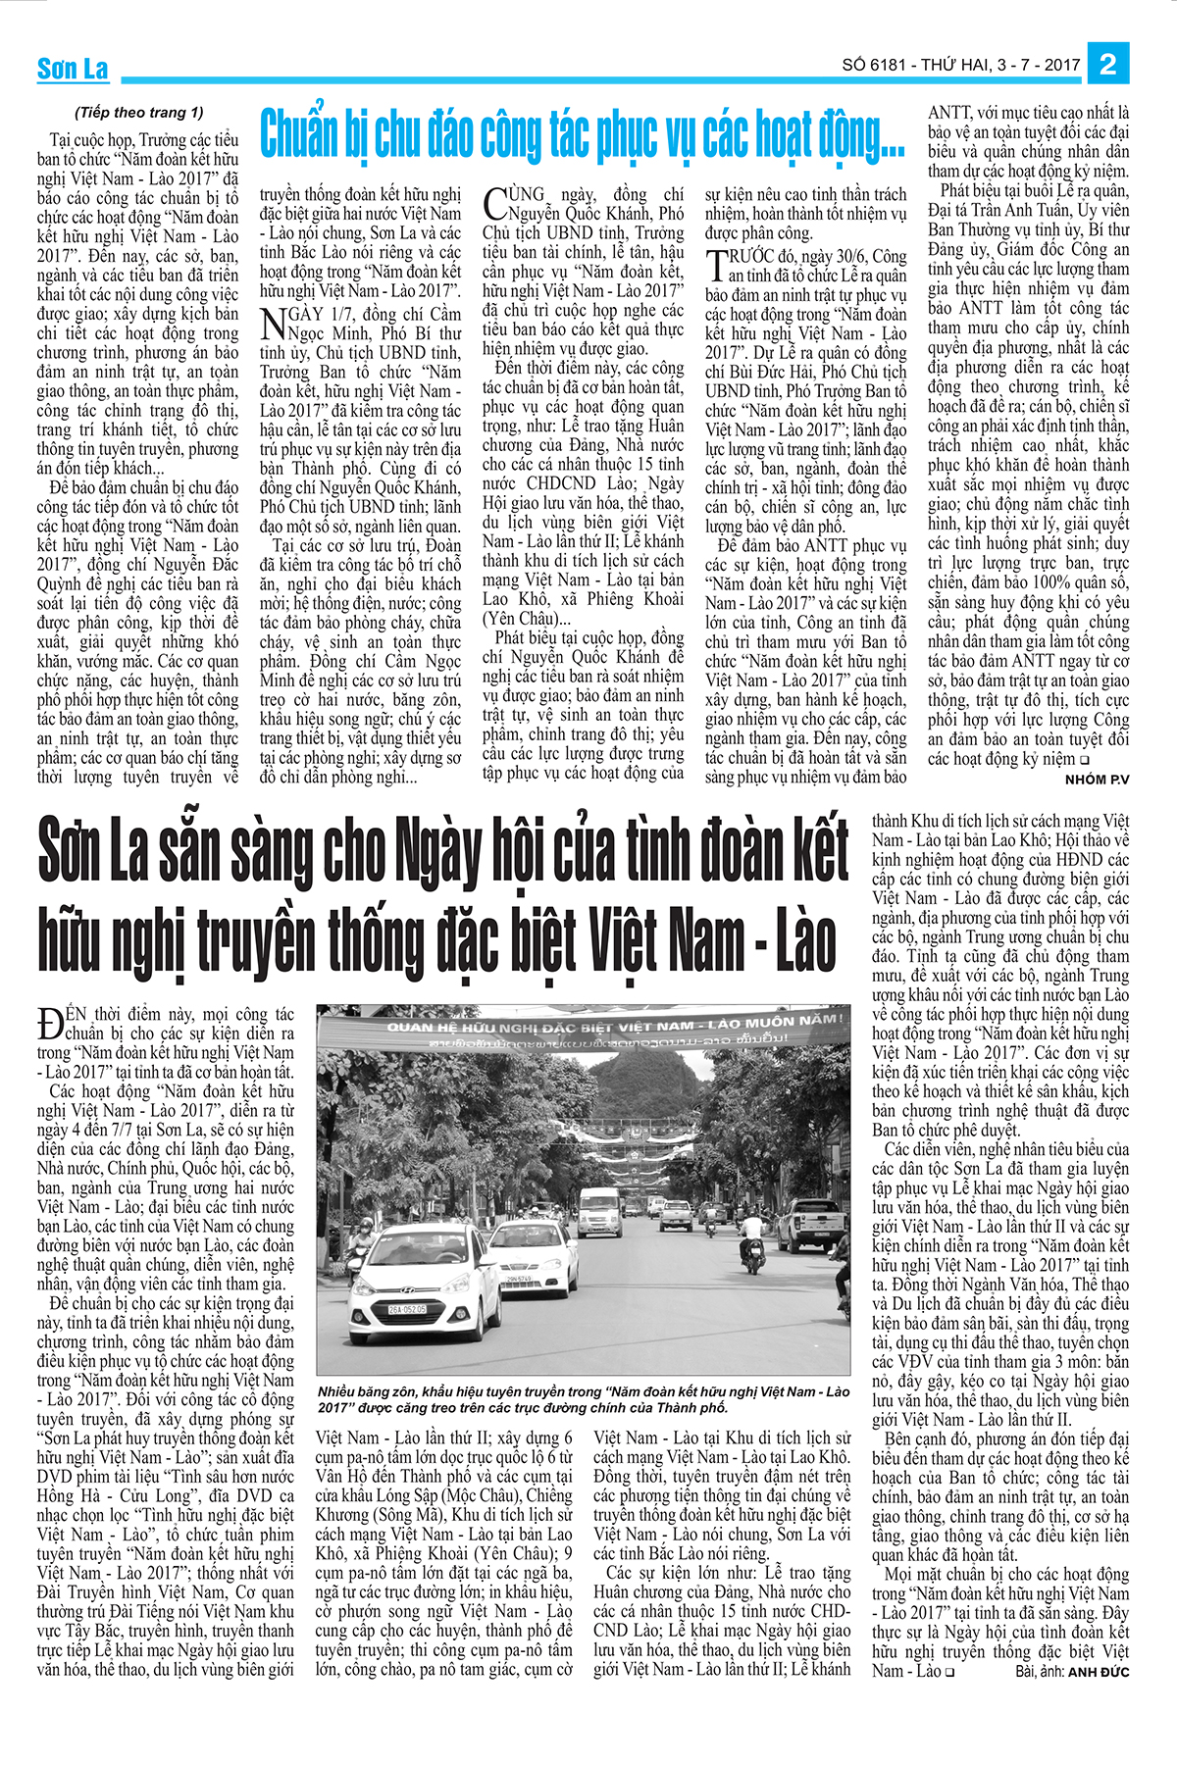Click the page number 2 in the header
tap(1108, 64)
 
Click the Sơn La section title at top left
tap(73, 69)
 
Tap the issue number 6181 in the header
tap(887, 66)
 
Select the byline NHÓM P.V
tap(1097, 779)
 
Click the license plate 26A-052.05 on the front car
tap(406, 1309)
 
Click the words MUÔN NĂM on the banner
tap(794, 1021)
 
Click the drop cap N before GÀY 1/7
tap(274, 324)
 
